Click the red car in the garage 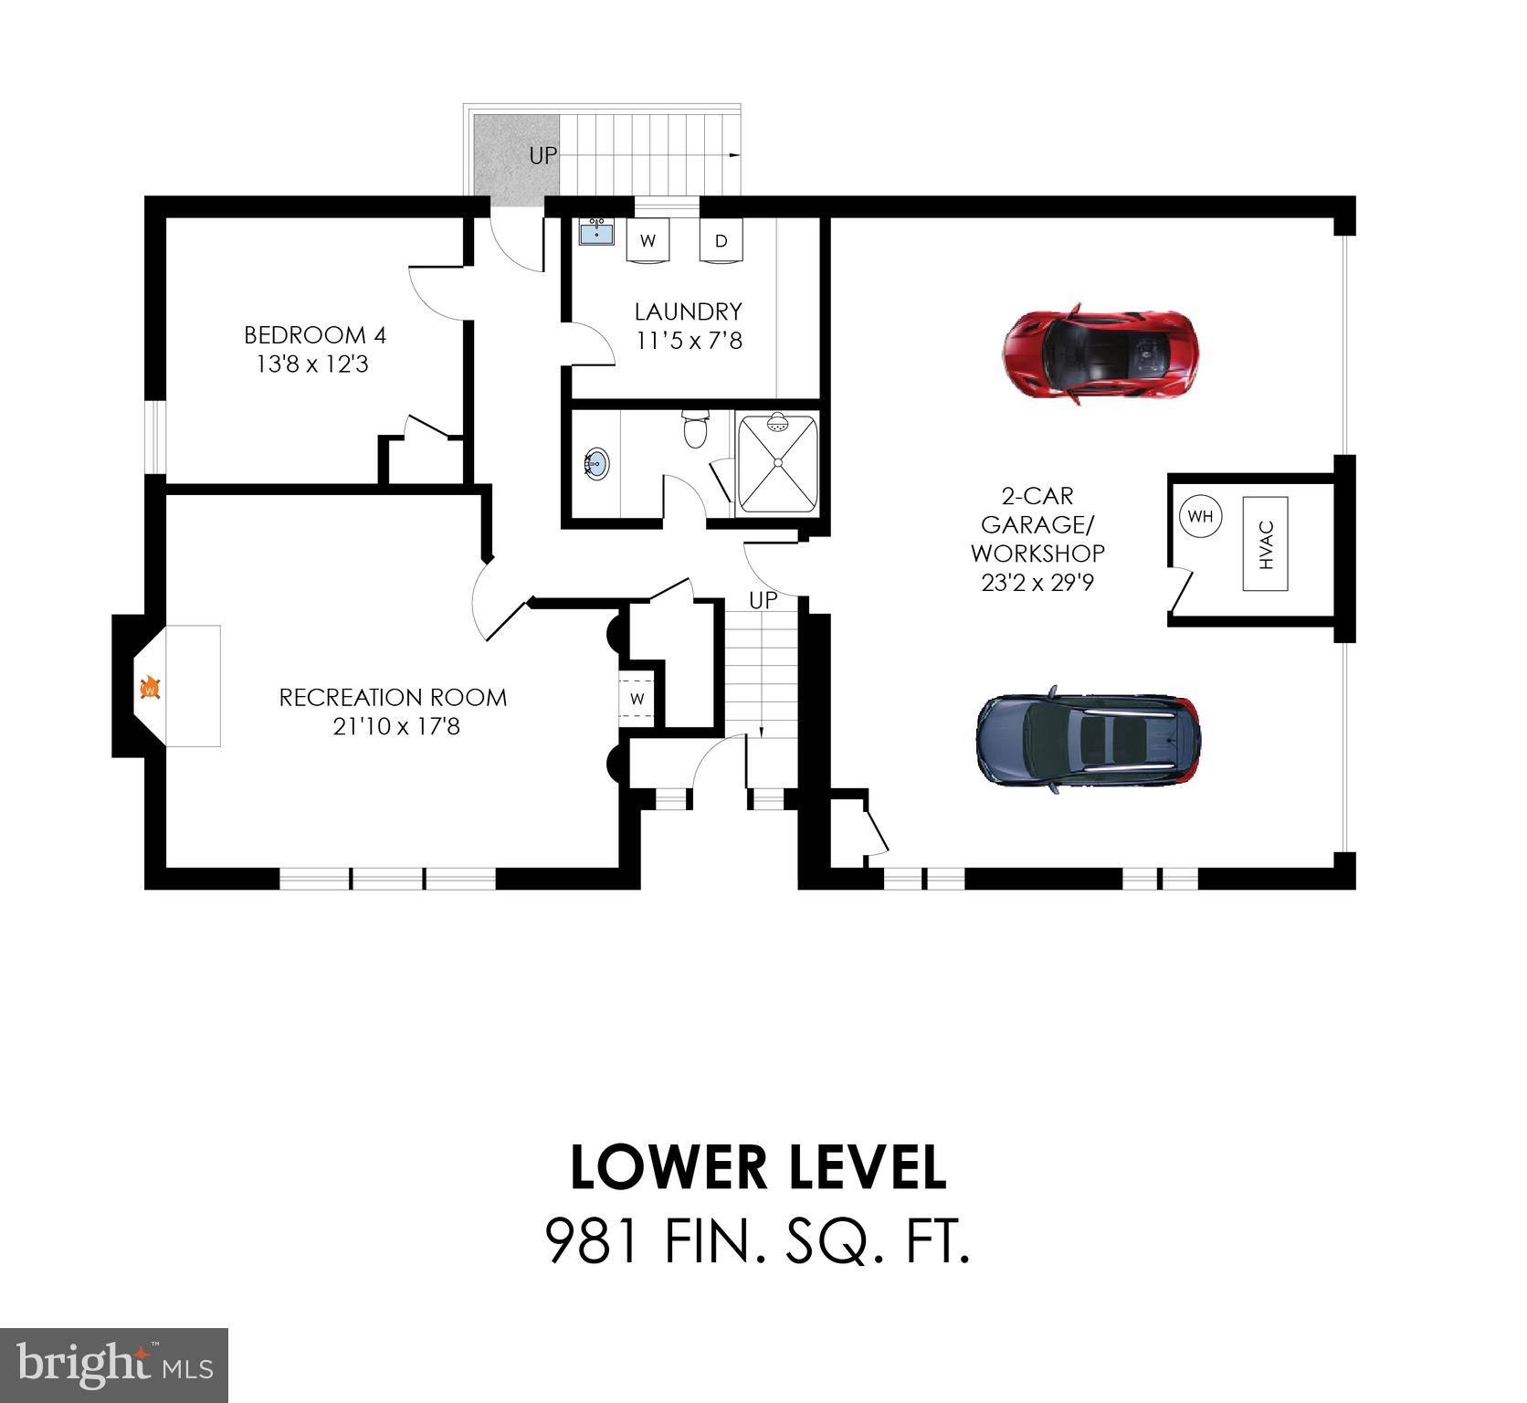click(x=1099, y=354)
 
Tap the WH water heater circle click(x=1200, y=516)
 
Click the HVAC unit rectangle click(x=1265, y=544)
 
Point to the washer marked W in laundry click(x=648, y=241)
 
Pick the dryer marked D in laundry click(x=721, y=241)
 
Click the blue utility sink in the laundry click(x=598, y=233)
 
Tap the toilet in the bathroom click(x=695, y=429)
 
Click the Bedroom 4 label click(x=315, y=335)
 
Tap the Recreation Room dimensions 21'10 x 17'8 click(x=395, y=727)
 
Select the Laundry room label click(x=689, y=311)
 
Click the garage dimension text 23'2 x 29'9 click(x=1037, y=582)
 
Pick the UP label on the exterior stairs click(x=542, y=156)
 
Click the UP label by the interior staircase click(x=763, y=600)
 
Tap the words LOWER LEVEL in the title click(x=758, y=1167)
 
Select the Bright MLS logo click(x=114, y=1365)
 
